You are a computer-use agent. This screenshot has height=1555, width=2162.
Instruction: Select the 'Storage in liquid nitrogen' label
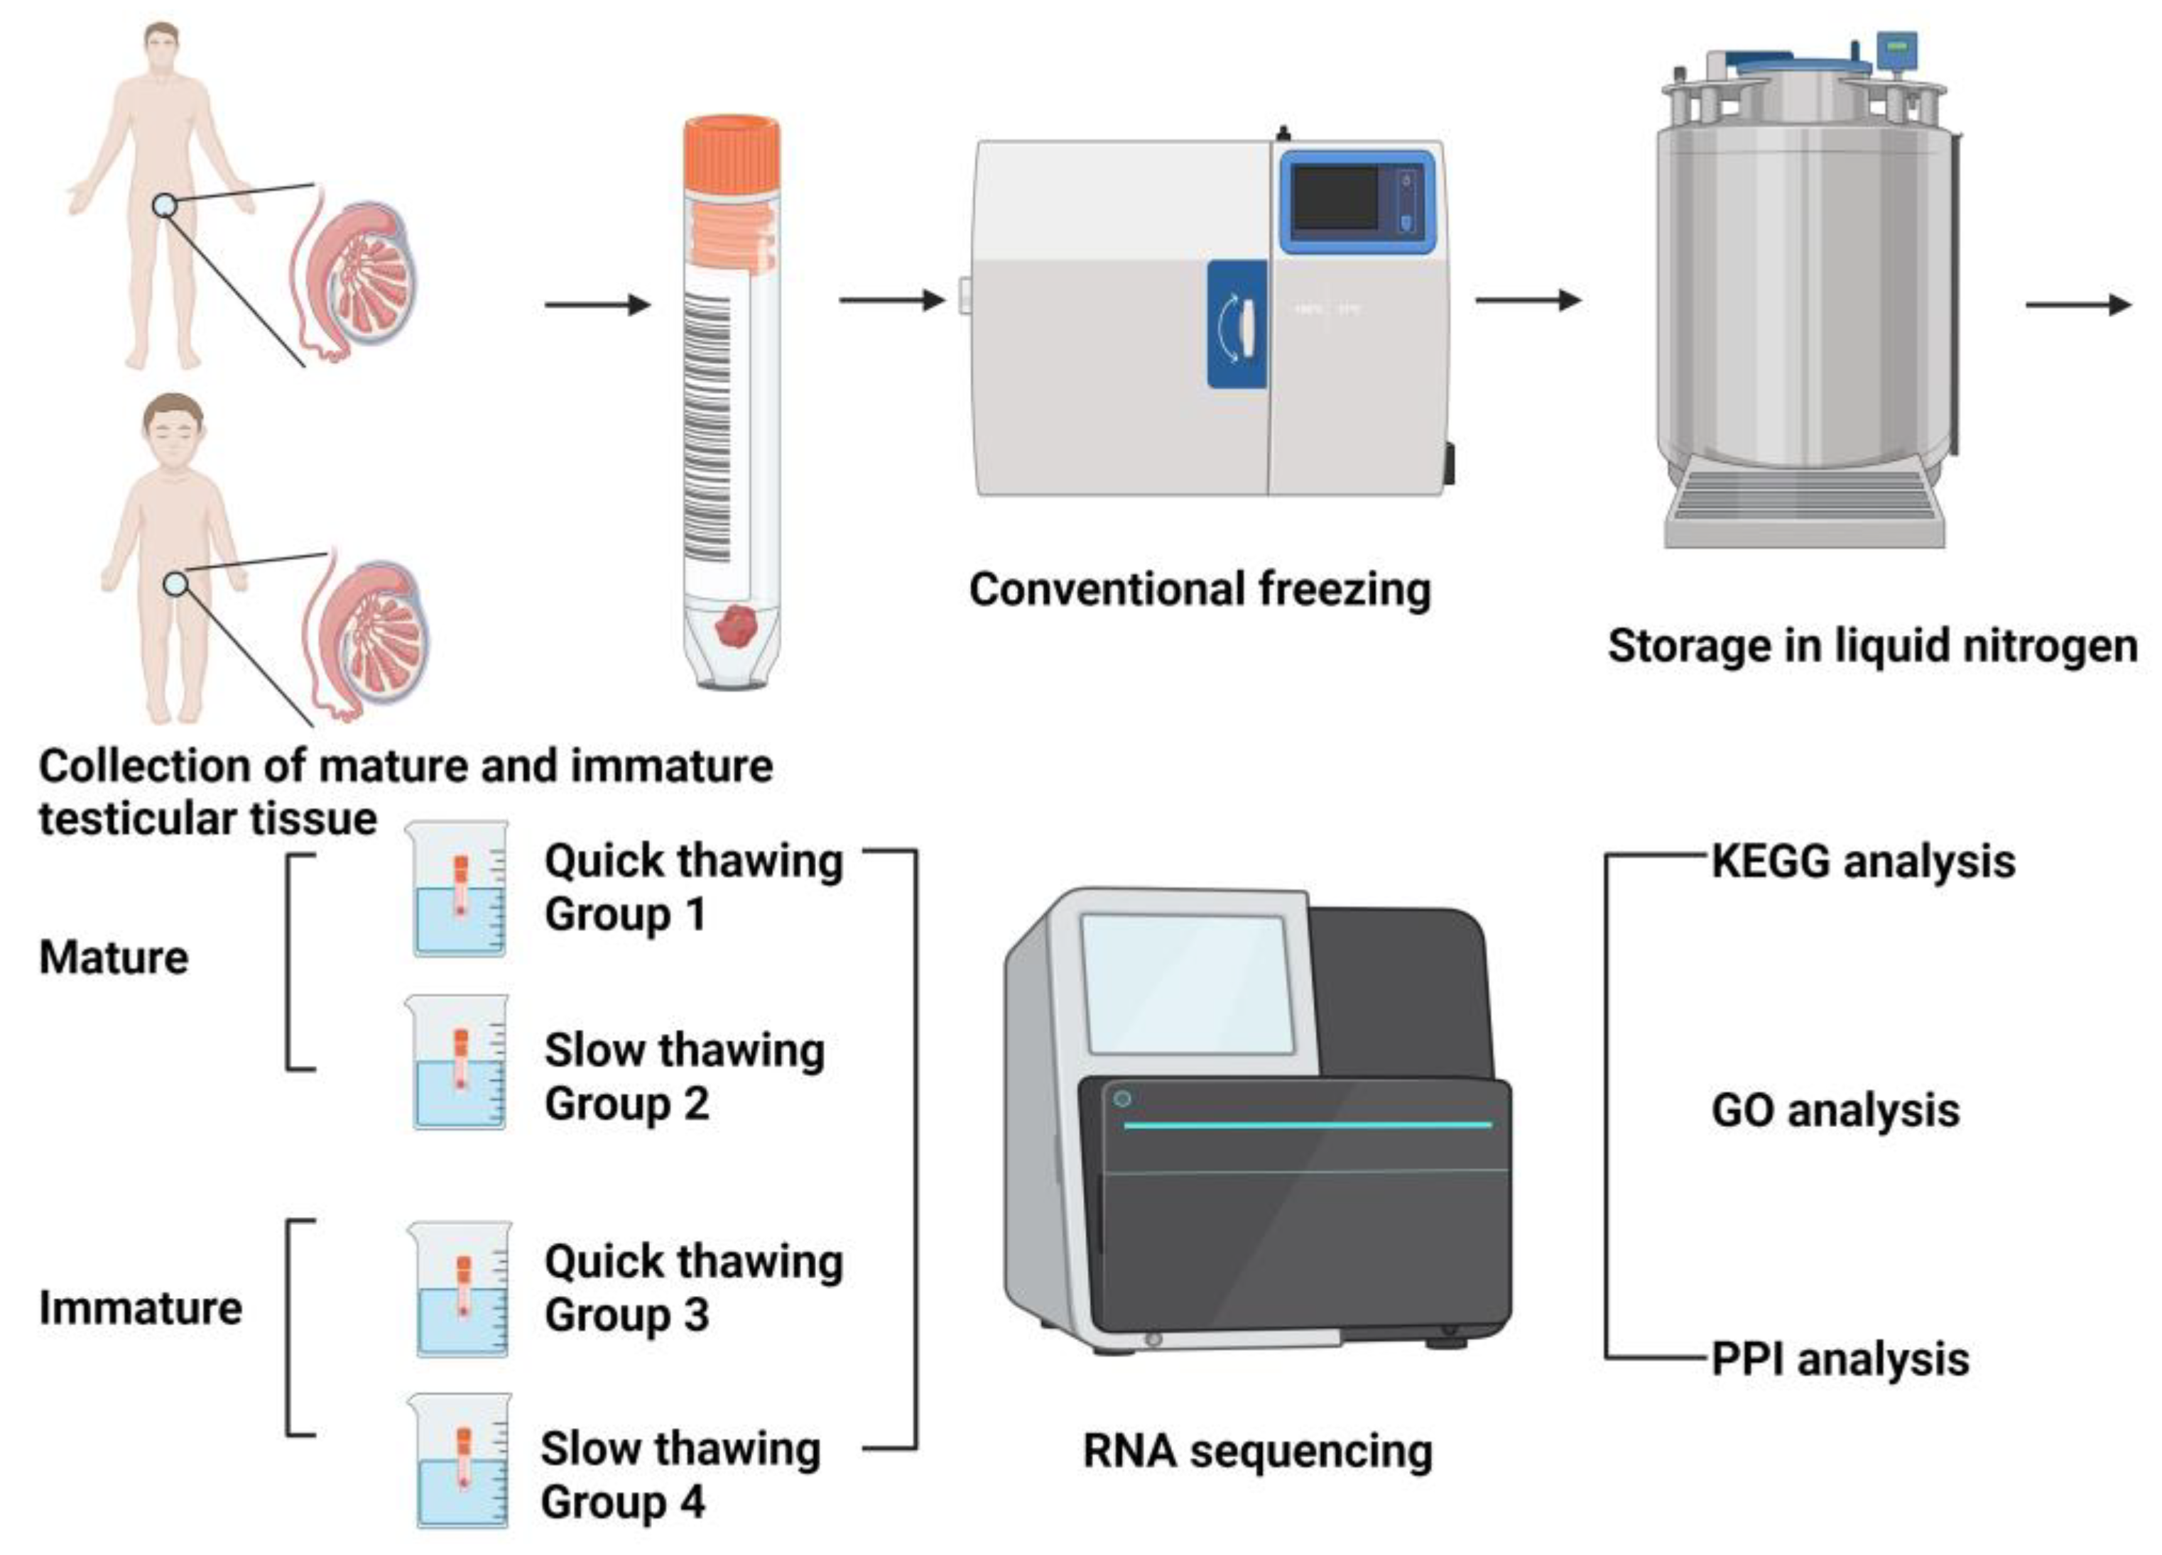[1872, 646]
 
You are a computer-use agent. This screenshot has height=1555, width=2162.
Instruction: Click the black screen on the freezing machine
[1335, 198]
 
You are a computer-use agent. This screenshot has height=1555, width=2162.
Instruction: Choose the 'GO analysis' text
[1835, 1111]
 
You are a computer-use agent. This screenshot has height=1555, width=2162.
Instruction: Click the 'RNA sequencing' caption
[1257, 1451]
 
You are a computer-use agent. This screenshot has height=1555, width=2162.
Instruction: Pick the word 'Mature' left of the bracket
[114, 957]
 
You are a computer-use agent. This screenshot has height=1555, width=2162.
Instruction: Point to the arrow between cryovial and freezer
[891, 301]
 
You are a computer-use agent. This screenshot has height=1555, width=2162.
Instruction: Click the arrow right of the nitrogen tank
[2078, 305]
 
